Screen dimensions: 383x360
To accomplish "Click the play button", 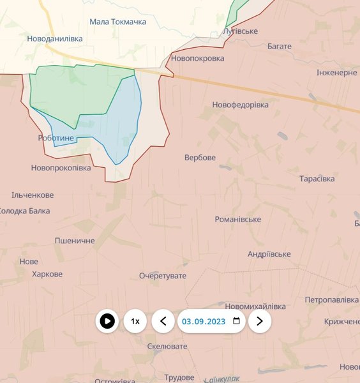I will [x=107, y=321].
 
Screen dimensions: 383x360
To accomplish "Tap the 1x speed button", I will [x=135, y=321].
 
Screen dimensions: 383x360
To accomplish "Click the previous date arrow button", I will [x=163, y=321].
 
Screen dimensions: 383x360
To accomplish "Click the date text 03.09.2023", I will [x=203, y=321].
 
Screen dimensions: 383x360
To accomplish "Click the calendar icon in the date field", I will [x=237, y=321].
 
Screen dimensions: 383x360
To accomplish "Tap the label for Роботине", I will [x=56, y=138].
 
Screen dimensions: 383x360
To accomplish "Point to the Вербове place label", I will [x=200, y=158].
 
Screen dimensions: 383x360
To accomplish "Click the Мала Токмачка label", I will [x=117, y=22].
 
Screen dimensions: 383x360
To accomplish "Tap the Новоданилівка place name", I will [x=55, y=38].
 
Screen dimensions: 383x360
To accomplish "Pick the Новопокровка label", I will [x=198, y=58].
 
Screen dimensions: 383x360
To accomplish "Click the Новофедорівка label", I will [x=241, y=105].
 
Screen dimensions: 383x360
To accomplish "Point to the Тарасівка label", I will [x=317, y=179].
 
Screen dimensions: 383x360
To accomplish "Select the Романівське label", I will [x=237, y=220].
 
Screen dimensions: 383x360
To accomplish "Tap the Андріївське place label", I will [x=269, y=254].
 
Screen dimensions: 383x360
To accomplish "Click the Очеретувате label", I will [x=163, y=276].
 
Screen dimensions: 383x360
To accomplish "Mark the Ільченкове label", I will [x=33, y=195].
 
